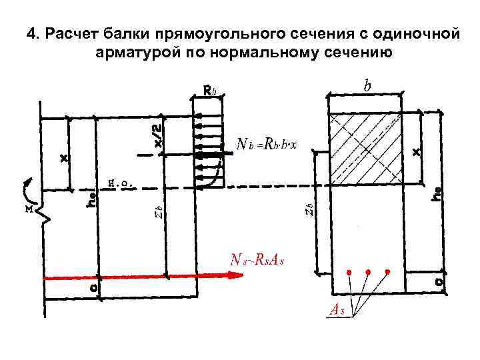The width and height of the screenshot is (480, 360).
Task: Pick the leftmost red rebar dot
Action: [x=348, y=272]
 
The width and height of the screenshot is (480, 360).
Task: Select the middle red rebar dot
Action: [x=367, y=272]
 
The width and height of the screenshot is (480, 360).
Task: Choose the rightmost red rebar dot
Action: [x=387, y=272]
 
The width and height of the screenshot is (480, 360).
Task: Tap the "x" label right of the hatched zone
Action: [x=417, y=152]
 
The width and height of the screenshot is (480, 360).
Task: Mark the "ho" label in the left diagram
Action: [x=92, y=199]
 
